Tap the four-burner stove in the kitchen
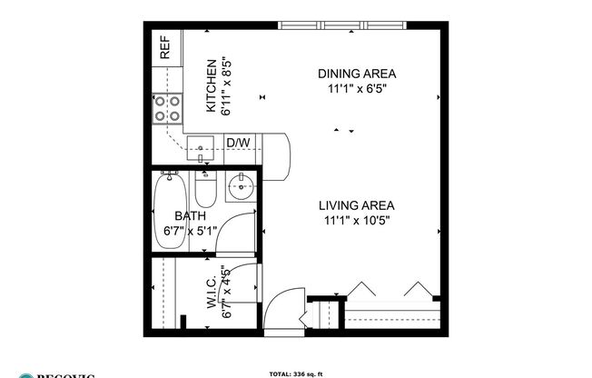165,109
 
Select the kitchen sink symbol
199,146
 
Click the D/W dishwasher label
238,143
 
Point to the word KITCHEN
211,86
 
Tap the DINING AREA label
357,74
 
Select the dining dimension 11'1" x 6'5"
357,89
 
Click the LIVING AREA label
357,205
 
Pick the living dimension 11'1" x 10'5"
357,221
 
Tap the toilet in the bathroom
205,192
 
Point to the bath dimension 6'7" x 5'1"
191,231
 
